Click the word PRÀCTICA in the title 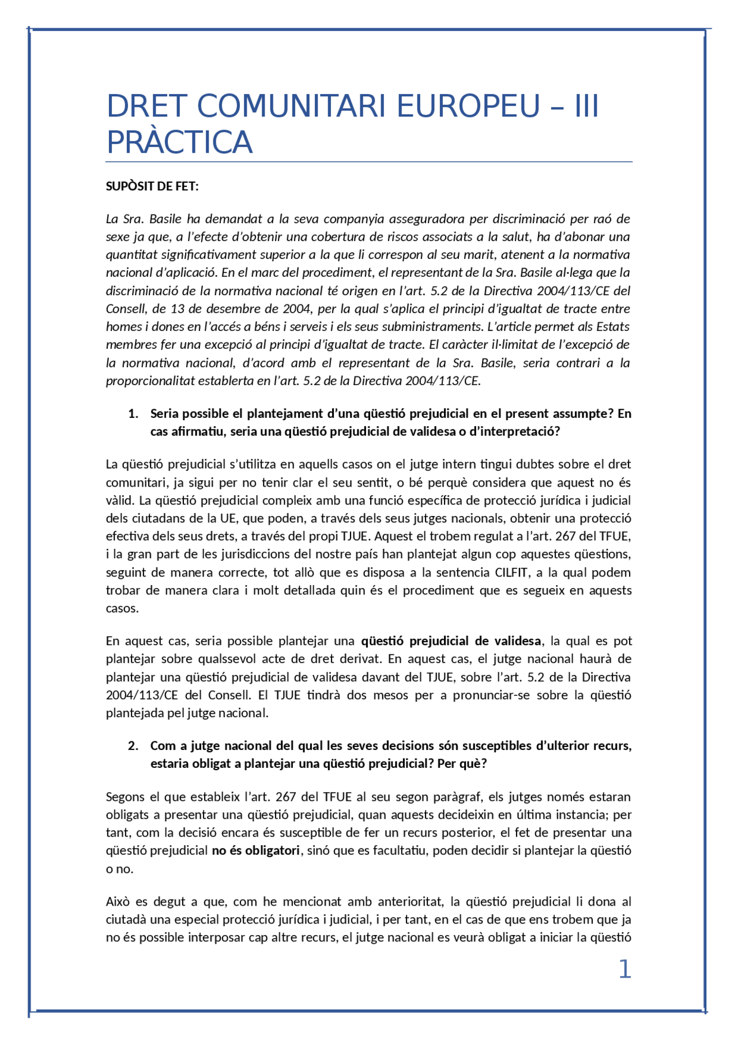tap(179, 143)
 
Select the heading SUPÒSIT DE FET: tap(152, 186)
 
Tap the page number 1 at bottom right tap(624, 969)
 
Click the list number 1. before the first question tap(133, 413)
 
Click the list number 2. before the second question tap(133, 745)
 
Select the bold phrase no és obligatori tap(255, 850)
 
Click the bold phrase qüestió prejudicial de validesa tap(451, 640)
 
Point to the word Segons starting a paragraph tap(125, 797)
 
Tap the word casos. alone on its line tap(122, 608)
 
